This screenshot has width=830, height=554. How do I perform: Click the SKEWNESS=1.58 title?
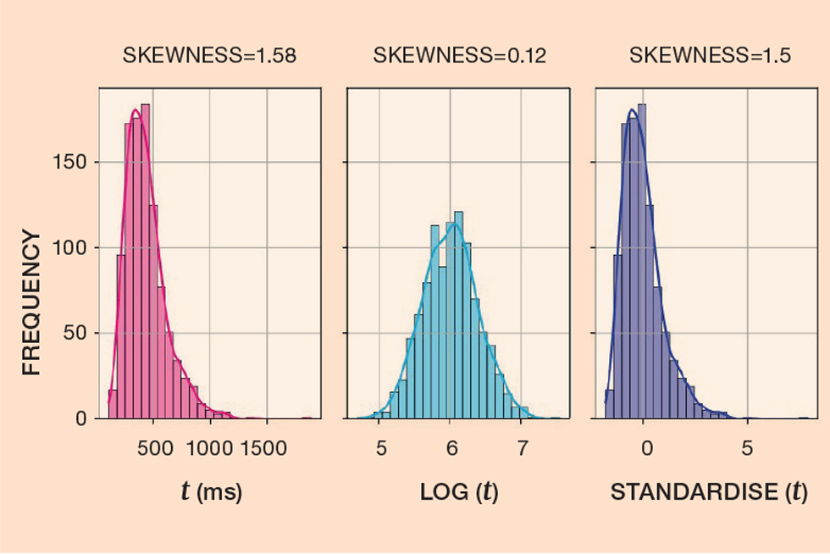click(x=209, y=58)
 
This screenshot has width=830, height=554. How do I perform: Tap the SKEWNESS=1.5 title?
click(x=710, y=58)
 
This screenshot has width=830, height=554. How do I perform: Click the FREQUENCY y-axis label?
click(x=31, y=304)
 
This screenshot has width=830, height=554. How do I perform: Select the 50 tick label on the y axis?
click(x=75, y=333)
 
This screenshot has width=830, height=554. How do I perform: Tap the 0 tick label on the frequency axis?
click(x=80, y=418)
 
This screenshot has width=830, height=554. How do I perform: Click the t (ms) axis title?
click(x=211, y=493)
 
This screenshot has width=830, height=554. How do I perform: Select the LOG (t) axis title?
click(x=458, y=493)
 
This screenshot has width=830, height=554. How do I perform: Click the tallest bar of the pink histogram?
click(x=145, y=262)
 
